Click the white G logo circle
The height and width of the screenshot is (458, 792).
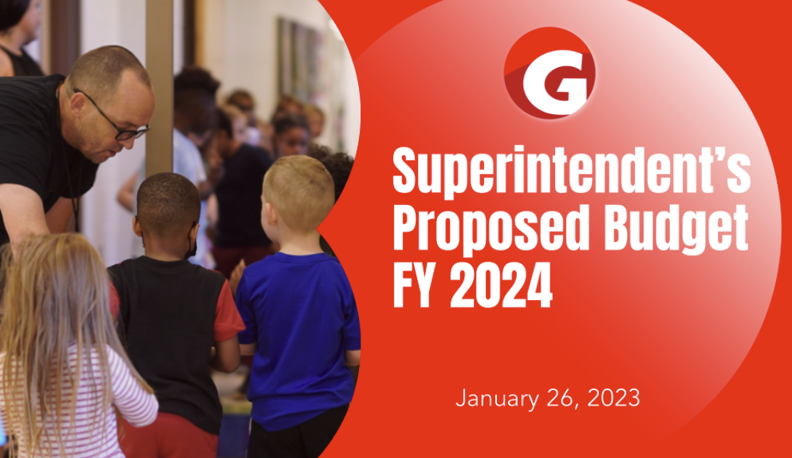(550, 73)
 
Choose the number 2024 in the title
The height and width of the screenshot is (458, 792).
(501, 285)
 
